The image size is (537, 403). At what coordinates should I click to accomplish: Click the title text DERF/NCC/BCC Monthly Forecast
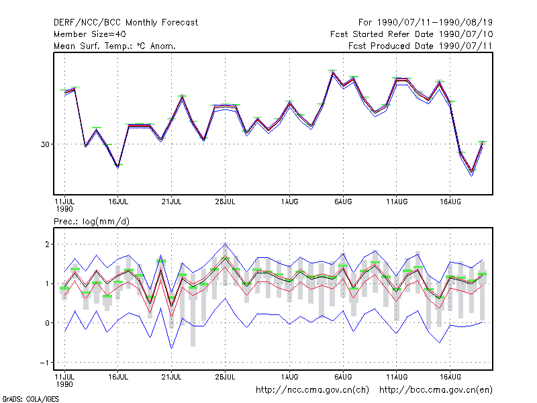[126, 23]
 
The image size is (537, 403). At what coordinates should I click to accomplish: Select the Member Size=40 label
[90, 34]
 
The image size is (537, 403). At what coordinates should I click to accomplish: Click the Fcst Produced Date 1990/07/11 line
[420, 46]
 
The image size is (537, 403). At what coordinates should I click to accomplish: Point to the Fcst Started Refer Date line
[411, 34]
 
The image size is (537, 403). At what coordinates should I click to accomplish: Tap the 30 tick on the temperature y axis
[45, 144]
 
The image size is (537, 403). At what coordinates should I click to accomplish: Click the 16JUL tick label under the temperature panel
[118, 202]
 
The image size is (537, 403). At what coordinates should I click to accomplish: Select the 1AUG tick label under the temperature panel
[289, 202]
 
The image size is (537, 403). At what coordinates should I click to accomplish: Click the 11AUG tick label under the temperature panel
[397, 202]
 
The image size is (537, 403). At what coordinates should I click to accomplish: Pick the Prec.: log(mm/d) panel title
[91, 222]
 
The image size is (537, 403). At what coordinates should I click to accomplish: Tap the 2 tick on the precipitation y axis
[47, 244]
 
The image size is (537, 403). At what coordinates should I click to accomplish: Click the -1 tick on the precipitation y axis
[44, 363]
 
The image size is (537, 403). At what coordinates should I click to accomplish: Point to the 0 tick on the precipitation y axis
[47, 323]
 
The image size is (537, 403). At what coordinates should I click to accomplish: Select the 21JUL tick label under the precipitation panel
[171, 377]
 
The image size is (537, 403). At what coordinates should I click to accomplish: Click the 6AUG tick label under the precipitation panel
[343, 377]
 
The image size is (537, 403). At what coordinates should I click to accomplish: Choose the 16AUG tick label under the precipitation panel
[450, 377]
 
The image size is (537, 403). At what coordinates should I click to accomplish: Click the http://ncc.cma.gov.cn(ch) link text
[312, 390]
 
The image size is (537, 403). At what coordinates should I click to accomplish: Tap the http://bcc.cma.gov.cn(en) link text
[436, 390]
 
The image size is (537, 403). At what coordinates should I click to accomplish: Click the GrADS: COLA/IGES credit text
[30, 399]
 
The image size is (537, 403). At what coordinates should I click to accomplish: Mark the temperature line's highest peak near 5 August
[332, 73]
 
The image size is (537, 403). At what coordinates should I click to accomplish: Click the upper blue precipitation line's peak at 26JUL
[225, 243]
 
